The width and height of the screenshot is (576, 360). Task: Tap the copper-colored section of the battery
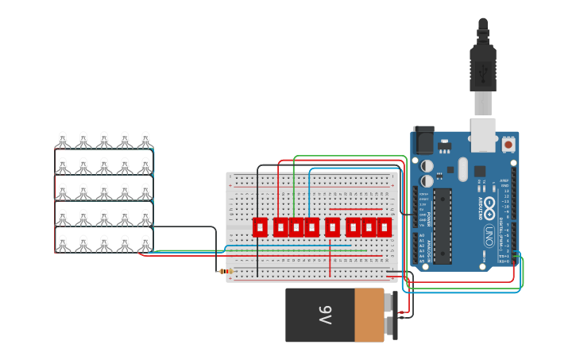[369, 315]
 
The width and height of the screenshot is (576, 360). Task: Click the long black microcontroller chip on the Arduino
[443, 226]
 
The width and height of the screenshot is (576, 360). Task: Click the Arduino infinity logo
[490, 208]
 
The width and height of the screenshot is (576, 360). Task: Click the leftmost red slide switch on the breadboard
[260, 227]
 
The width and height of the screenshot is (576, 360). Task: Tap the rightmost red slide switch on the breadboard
[385, 227]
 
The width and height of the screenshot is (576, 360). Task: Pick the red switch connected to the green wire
[296, 227]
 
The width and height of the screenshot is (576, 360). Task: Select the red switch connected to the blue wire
[311, 227]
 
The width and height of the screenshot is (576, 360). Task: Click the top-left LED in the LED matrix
[62, 140]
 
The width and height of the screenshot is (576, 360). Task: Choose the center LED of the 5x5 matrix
[104, 192]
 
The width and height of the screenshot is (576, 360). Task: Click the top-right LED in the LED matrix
[145, 140]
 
